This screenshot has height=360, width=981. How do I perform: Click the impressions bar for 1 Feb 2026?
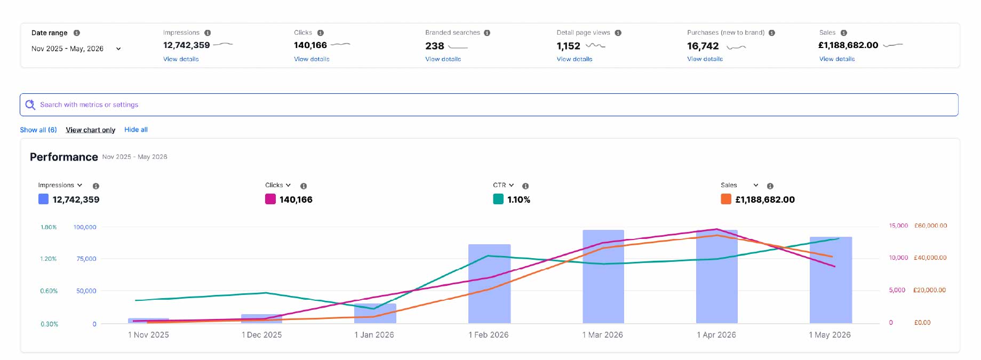coord(489,284)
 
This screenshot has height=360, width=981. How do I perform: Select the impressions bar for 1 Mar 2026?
coord(603,276)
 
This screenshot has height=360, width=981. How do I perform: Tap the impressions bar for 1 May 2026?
coord(831,280)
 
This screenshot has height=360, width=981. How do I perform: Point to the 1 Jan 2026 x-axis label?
coord(374,335)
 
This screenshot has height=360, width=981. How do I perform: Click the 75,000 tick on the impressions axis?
coord(86,259)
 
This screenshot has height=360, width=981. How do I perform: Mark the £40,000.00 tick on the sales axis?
coord(930,258)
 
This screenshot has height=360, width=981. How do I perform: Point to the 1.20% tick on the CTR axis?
coord(49,259)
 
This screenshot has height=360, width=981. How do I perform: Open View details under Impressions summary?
coord(181,59)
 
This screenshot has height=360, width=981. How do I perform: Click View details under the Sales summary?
coord(837,59)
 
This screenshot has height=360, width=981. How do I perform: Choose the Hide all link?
coord(136,130)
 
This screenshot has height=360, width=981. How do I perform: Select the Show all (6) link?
coord(38,130)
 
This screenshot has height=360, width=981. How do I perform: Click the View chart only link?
coord(91,130)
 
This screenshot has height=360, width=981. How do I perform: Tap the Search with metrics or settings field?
coord(489,105)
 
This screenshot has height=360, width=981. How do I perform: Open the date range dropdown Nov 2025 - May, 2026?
coord(76,49)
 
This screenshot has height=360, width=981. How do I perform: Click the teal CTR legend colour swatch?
coord(498,199)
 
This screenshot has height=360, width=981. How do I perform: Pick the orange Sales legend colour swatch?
coord(726,199)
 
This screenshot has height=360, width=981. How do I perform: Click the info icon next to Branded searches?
coord(487,33)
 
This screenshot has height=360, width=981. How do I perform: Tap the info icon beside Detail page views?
coord(618,33)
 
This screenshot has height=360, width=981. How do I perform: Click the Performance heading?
coord(64,157)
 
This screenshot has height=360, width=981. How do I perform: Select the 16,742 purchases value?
coord(703,46)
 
